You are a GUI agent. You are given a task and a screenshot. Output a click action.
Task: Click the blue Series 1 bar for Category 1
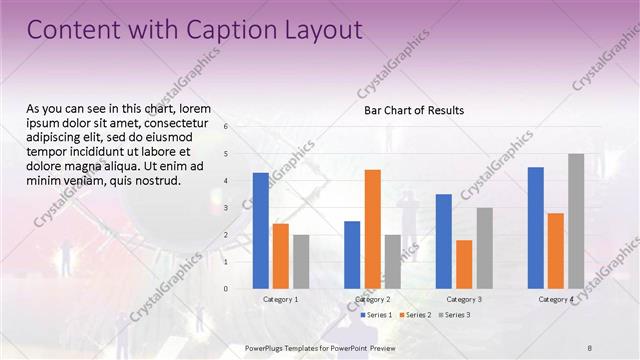tap(260, 231)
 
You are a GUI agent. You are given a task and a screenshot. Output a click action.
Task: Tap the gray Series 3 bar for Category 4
tap(576, 221)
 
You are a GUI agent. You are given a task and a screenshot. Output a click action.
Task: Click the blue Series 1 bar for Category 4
tap(535, 228)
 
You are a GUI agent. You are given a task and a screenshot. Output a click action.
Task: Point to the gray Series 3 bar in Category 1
tap(301, 262)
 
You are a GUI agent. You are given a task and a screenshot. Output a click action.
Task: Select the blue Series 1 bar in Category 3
tap(443, 241)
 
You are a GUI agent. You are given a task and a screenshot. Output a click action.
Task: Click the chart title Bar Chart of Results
tap(413, 111)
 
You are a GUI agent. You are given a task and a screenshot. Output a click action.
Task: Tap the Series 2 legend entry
tap(415, 315)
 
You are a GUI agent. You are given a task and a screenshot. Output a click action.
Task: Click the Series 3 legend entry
tap(456, 315)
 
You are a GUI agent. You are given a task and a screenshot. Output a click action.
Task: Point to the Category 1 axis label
tap(281, 300)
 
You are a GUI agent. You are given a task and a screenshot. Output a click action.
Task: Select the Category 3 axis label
tap(464, 300)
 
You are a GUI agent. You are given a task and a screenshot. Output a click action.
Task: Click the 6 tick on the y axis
tap(227, 127)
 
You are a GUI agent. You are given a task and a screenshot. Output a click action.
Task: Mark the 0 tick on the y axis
tap(227, 289)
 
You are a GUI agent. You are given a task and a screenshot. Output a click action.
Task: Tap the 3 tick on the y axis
tap(227, 208)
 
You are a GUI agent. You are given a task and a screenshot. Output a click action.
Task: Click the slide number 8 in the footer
tap(589, 347)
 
